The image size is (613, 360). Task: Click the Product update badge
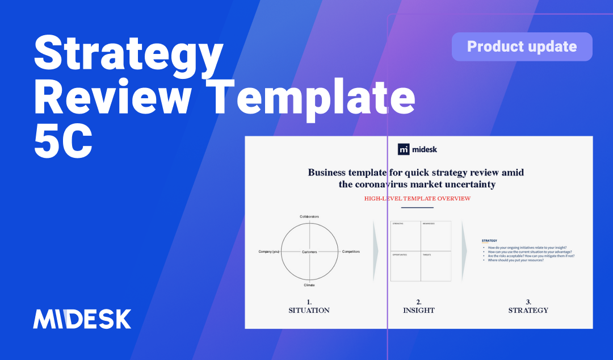click(x=522, y=47)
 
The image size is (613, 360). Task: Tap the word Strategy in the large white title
click(x=128, y=53)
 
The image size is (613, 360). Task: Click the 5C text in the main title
click(x=63, y=141)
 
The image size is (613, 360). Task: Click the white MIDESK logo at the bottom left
click(x=82, y=319)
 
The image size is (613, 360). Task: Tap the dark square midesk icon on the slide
click(x=404, y=149)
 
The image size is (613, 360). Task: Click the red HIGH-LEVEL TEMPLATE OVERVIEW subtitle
click(x=417, y=198)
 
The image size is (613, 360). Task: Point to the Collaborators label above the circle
click(x=309, y=216)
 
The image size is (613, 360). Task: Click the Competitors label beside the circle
click(x=350, y=252)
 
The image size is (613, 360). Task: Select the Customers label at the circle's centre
click(x=309, y=252)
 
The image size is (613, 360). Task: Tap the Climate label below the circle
click(x=309, y=285)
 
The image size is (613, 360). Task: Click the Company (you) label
click(x=268, y=252)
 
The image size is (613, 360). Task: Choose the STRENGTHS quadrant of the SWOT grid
click(x=405, y=236)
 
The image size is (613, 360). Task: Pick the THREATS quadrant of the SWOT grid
click(x=435, y=266)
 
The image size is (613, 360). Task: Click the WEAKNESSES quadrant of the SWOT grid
click(x=435, y=236)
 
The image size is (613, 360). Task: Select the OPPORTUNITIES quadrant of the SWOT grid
click(x=405, y=266)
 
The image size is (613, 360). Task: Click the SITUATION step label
click(x=309, y=310)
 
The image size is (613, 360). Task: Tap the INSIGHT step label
click(x=419, y=310)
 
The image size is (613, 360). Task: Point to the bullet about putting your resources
click(x=512, y=260)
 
